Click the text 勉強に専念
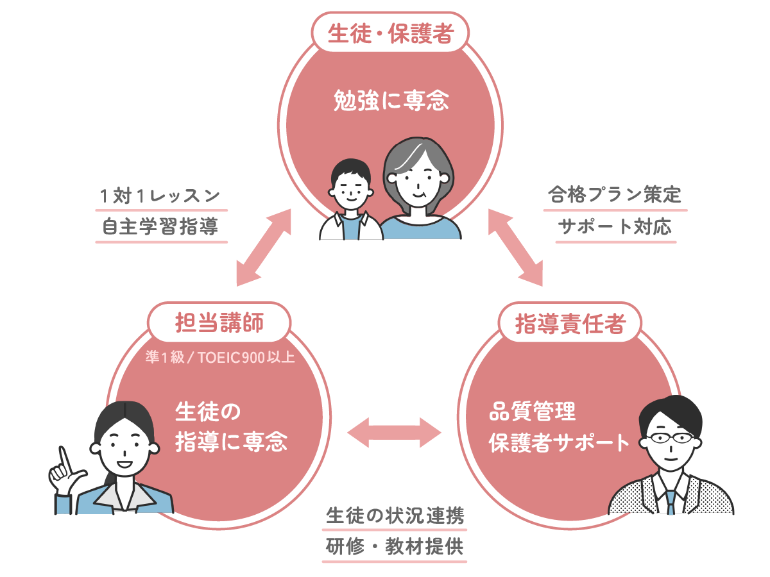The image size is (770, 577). tap(391, 100)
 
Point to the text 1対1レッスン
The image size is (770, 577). tap(160, 196)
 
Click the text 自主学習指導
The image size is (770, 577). tap(160, 226)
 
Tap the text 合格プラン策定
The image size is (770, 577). tap(615, 195)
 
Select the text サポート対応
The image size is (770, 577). tap(615, 226)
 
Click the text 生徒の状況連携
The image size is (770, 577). tap(395, 515)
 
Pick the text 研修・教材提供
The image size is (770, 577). tap(395, 548)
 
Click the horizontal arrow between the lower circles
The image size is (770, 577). tap(395, 431)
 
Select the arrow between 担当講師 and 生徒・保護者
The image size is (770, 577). tap(264, 247)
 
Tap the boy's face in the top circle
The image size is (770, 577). tap(349, 189)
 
